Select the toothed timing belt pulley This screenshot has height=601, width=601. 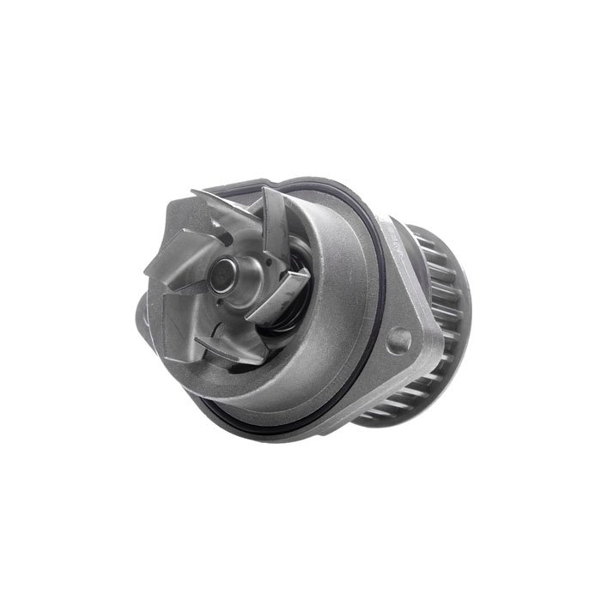(434, 326)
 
